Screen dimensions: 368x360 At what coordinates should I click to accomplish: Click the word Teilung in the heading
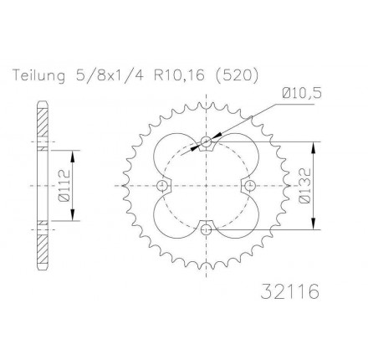39,75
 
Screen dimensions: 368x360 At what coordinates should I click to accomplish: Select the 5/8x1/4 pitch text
110,75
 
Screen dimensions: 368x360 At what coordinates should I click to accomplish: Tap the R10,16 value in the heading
180,75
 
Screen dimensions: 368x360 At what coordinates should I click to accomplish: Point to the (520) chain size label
238,75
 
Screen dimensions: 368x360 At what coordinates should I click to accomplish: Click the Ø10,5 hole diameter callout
302,94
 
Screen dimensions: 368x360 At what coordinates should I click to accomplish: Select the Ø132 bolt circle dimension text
305,186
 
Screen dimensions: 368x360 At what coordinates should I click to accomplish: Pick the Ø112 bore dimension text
64,186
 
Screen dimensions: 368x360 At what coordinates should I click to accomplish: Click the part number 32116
289,291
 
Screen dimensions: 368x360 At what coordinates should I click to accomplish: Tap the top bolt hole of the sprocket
206,141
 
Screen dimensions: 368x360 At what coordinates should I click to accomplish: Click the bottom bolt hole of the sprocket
206,229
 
